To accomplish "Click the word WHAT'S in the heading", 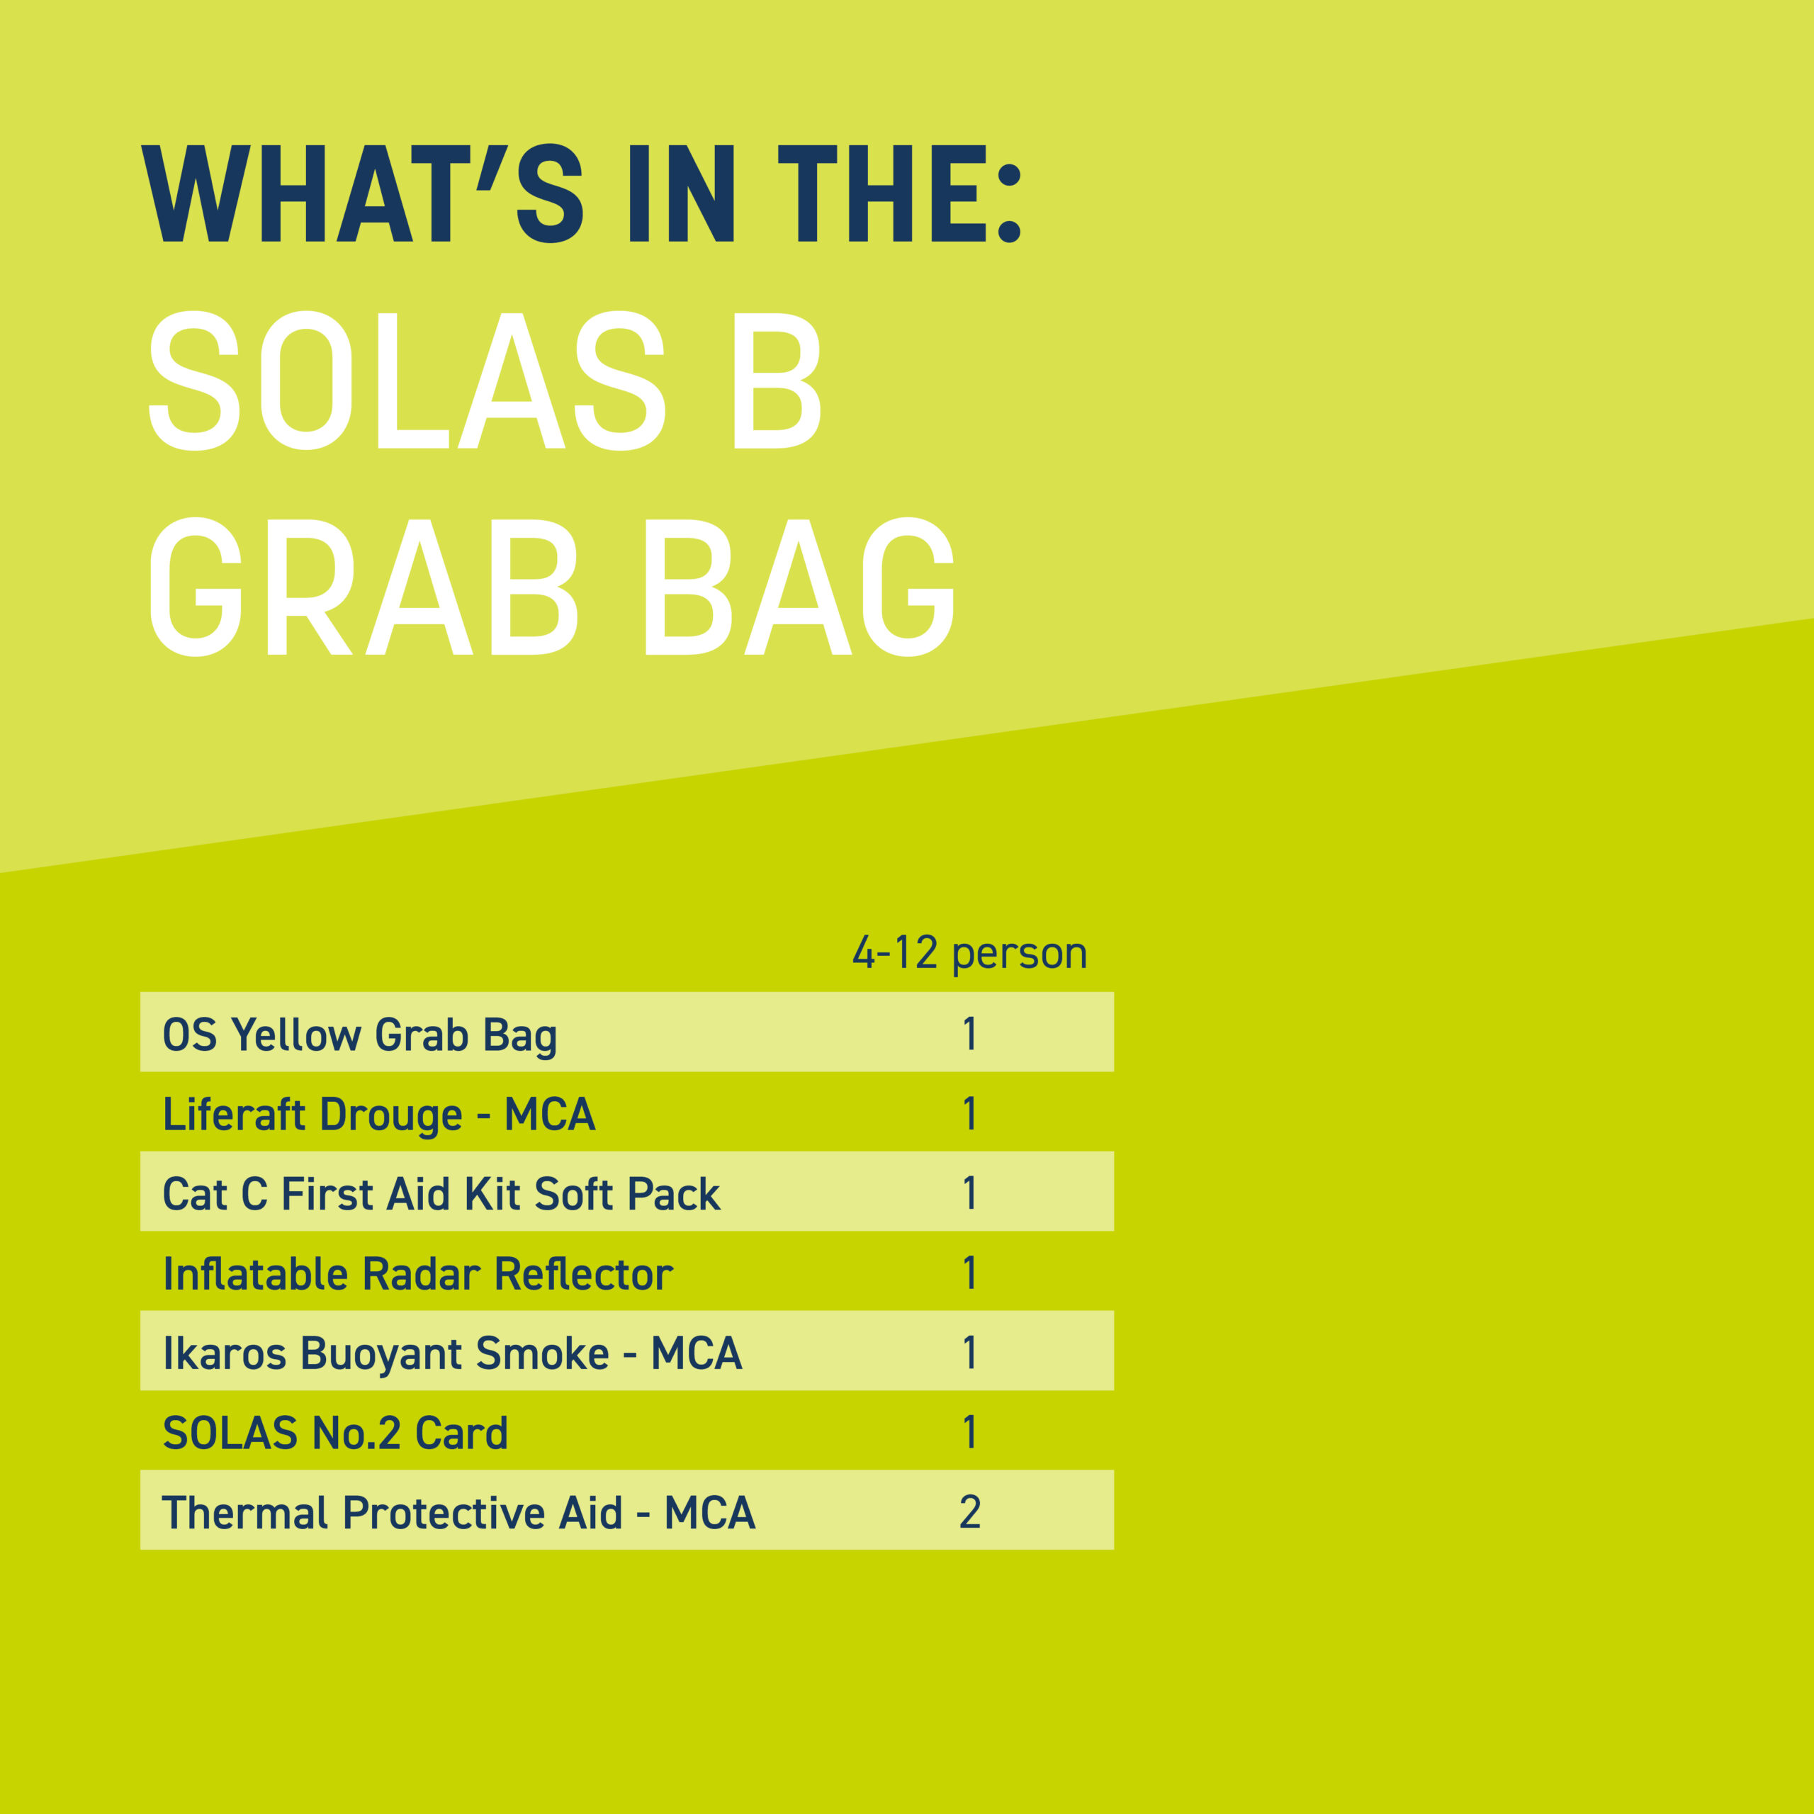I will coord(361,193).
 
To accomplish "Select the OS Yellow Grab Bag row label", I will coord(359,1035).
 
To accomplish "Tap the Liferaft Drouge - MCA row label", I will coord(378,1115).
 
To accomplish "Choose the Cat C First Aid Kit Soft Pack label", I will coord(441,1194).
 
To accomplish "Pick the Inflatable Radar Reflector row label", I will coord(418,1274).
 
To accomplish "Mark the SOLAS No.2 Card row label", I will coord(335,1433).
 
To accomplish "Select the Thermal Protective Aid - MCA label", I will coord(458,1514).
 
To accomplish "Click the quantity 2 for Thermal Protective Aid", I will coord(970,1513).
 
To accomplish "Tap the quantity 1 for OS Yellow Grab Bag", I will coord(970,1034).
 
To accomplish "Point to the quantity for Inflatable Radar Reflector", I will coord(970,1273).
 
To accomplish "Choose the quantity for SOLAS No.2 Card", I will coord(970,1433).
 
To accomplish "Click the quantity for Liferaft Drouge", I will coord(970,1114).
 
